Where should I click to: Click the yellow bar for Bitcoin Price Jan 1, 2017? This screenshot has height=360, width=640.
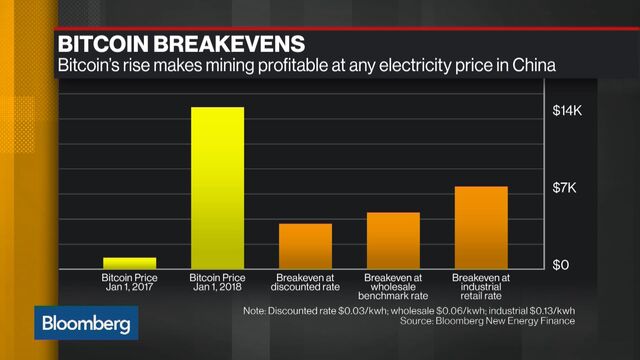pos(129,262)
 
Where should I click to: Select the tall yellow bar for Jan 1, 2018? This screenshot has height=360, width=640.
pos(217,187)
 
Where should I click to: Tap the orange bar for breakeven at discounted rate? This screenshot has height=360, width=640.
pos(305,245)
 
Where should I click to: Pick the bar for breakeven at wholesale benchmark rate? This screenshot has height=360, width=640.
pos(393,240)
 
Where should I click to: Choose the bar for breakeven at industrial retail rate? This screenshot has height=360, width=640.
pos(481,227)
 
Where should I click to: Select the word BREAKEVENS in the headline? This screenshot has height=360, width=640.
pos(234,44)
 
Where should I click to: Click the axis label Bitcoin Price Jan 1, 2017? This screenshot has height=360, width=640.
pos(129,282)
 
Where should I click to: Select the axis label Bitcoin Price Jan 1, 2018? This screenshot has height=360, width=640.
pos(217,282)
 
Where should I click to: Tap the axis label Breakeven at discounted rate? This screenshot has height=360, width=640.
pos(305,282)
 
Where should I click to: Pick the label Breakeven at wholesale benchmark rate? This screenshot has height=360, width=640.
pos(393,286)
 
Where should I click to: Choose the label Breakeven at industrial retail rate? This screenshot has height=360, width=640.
pos(481,286)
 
